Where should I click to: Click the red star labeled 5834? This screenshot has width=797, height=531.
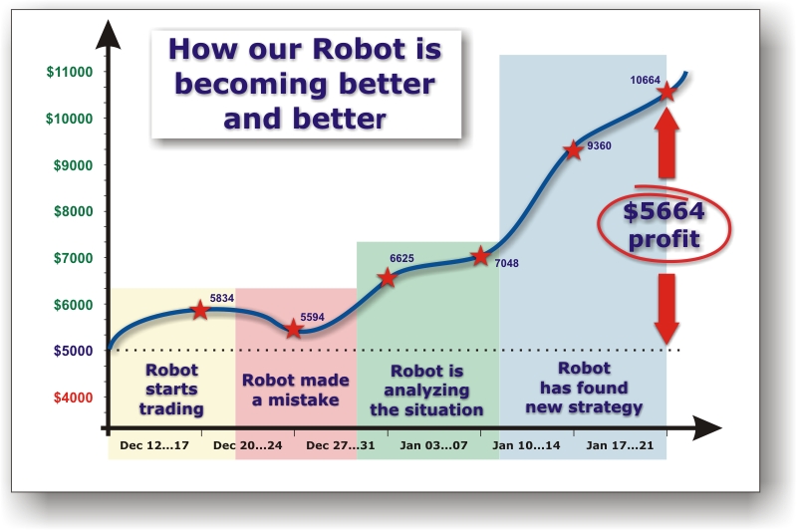coord(200,310)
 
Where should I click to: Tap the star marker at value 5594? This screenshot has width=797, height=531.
coord(293,330)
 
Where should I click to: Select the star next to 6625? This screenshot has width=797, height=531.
coord(388,277)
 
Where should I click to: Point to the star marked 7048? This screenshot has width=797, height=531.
coord(480,257)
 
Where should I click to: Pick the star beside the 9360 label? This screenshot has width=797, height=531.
coord(574,149)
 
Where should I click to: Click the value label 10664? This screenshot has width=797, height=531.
coord(645,80)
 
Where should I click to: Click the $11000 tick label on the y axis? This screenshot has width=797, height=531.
coord(70,72)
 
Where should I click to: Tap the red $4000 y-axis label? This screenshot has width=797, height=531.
coord(73,398)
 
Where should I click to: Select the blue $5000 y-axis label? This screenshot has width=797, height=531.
coord(73,351)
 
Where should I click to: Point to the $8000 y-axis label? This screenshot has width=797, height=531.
coord(73,211)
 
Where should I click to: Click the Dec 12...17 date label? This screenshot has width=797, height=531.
coord(154,445)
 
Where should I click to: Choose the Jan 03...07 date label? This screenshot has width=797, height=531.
coord(433,445)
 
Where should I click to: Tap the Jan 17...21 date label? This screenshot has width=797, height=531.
coord(620,445)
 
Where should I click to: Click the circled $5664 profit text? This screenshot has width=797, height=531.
coord(664,224)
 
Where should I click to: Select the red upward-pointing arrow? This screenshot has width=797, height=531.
coord(666,142)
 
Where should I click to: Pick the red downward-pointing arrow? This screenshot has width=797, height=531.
coord(666,309)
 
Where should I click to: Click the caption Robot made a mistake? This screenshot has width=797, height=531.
coord(295,390)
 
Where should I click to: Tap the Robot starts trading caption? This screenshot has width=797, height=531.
coord(171,390)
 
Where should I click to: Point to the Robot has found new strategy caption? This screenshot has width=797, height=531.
coord(584,388)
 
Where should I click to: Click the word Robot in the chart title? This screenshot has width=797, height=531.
coord(359,49)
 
